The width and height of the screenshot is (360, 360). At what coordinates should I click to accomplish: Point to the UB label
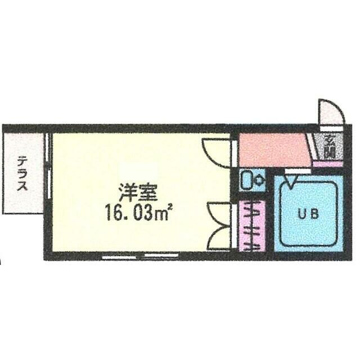(x=307, y=214)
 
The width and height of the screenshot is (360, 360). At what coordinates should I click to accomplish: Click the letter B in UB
(x=313, y=214)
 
